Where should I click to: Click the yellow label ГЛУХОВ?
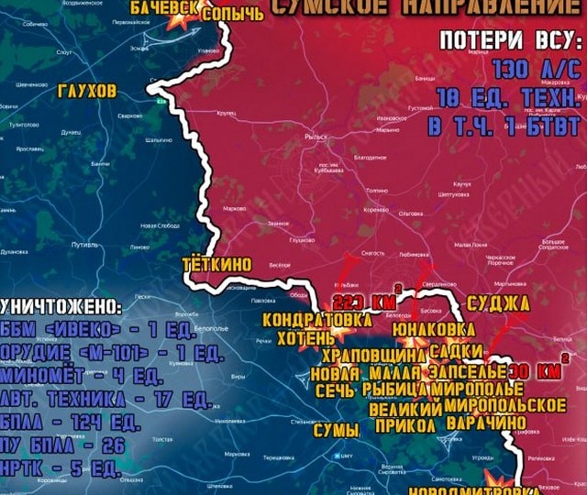(x=87, y=93)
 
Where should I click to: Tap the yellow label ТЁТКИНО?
(x=217, y=263)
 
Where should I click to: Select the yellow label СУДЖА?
(x=498, y=303)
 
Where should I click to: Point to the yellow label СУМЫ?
(x=336, y=429)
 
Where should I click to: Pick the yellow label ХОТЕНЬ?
(x=301, y=337)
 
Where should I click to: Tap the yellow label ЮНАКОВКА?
(x=434, y=328)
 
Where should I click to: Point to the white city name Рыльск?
(x=316, y=137)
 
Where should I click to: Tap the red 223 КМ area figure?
(x=364, y=303)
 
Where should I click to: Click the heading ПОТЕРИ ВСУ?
(x=510, y=41)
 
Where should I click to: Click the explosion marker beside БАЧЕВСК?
(x=173, y=26)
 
